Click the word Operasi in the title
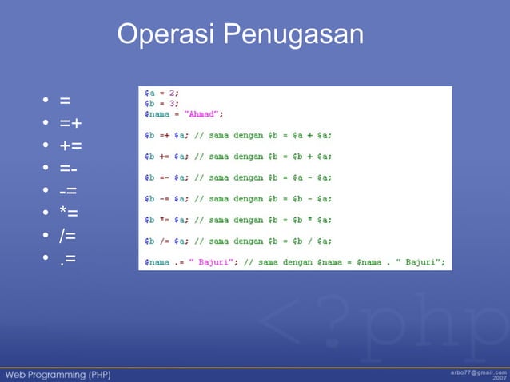165,34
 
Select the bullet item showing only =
65,101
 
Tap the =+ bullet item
70,124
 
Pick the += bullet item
70,146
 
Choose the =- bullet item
68,169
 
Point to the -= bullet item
68,191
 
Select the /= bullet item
68,236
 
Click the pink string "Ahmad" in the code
204,113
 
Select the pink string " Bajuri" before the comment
207,261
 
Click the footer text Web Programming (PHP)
58,373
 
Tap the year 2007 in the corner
498,378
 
